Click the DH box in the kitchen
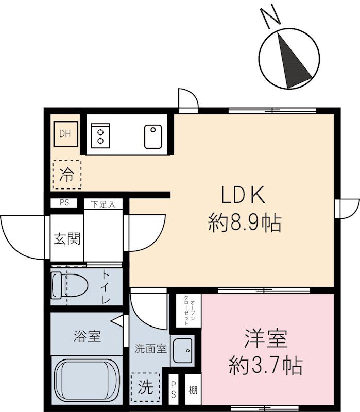(x=66, y=134)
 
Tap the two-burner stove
(x=100, y=136)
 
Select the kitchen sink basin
(x=153, y=136)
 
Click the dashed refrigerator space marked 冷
(x=67, y=175)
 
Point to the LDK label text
(x=243, y=195)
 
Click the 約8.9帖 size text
(x=245, y=224)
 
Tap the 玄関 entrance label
(x=67, y=238)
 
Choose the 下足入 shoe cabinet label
(x=104, y=204)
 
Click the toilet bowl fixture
(x=70, y=285)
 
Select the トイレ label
(x=106, y=286)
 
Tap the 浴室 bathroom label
(x=87, y=336)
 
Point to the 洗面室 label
(x=150, y=349)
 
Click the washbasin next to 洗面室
(x=183, y=351)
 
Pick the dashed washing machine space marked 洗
(x=145, y=387)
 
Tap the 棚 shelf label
(x=193, y=390)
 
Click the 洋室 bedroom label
(x=266, y=339)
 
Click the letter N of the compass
(x=270, y=18)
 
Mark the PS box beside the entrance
(x=64, y=203)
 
